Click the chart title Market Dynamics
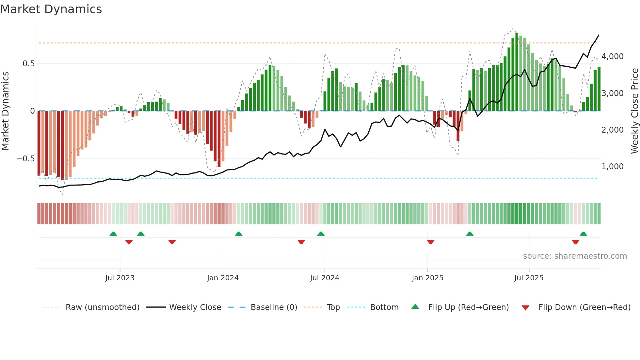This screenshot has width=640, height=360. coord(51,9)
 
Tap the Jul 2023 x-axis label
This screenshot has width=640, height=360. coord(120,278)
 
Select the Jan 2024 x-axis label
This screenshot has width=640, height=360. coord(223,278)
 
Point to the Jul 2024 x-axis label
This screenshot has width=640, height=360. coord(325,278)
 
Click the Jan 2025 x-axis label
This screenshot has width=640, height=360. coord(427,278)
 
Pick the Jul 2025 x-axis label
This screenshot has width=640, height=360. coord(529,278)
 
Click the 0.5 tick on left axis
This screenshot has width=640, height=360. coord(28,64)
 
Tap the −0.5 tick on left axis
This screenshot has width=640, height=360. coord(25,159)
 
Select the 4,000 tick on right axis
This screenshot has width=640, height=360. coord(613,57)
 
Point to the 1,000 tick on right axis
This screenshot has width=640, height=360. coord(613,167)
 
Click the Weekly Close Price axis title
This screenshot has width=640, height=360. coord(634,111)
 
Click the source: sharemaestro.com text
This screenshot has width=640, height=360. coord(575,256)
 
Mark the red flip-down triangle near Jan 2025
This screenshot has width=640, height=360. coord(430,242)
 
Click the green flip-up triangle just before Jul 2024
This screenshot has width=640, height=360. coord(321,234)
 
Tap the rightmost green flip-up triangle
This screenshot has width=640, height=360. coord(583,234)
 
